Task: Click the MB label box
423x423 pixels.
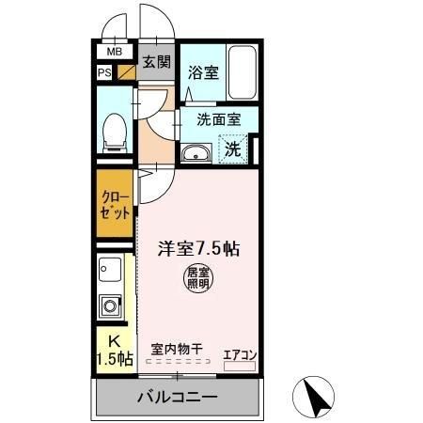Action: [114, 53]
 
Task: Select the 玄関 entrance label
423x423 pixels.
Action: [156, 63]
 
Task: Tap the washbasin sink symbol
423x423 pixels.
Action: [196, 153]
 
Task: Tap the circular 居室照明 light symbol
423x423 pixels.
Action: [196, 278]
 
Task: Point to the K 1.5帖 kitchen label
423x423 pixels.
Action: [114, 350]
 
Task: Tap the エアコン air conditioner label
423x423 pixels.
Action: [239, 354]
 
